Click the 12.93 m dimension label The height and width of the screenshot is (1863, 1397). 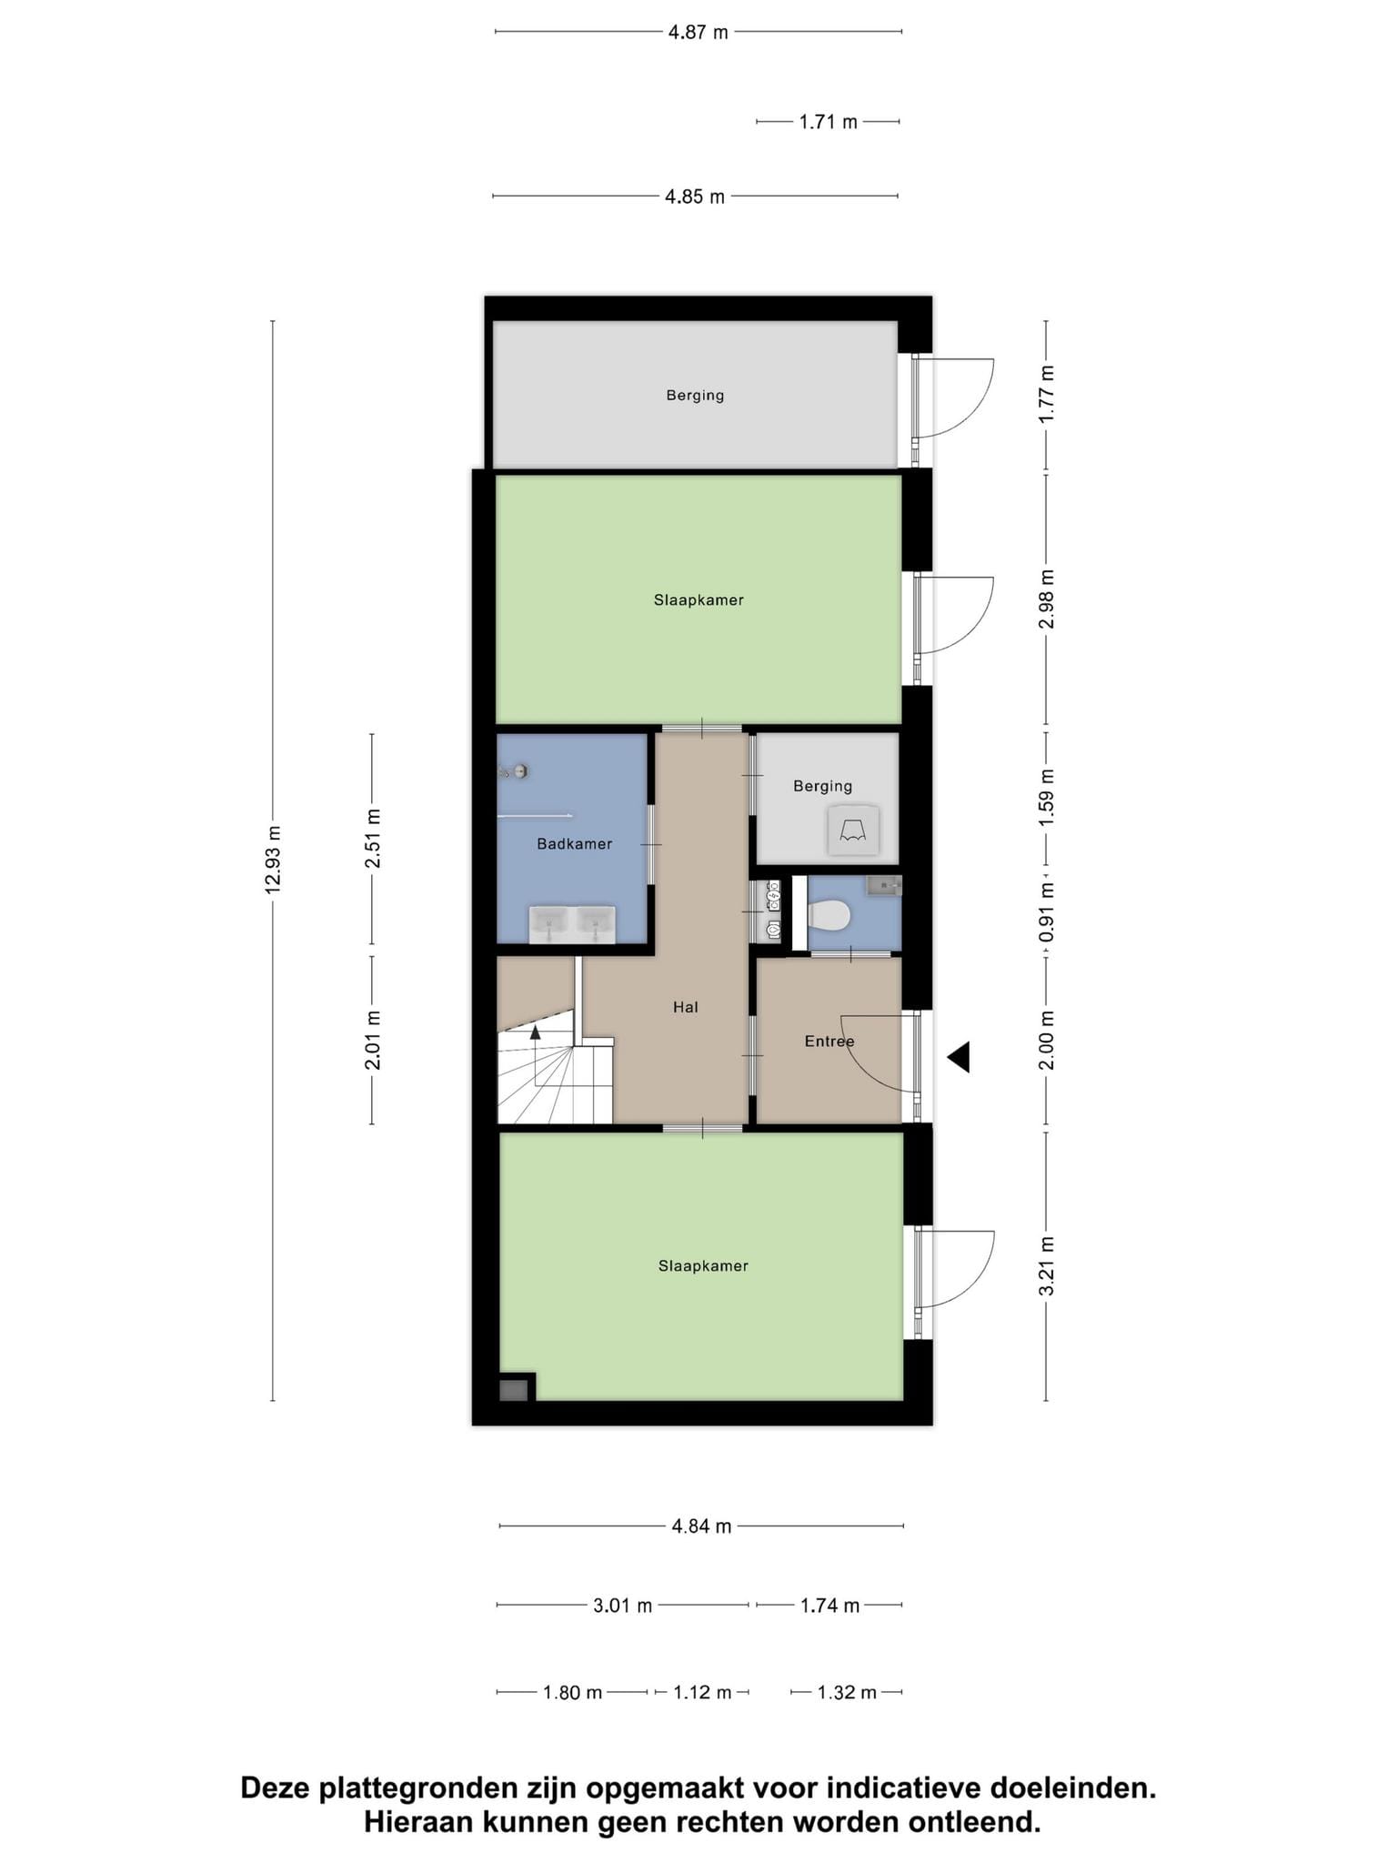coord(273,860)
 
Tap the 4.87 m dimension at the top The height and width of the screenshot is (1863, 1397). coord(698,33)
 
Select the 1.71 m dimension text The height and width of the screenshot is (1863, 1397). coord(828,122)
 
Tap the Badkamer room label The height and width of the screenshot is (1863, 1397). coord(574,844)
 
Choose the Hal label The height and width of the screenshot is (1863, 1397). coord(686,1007)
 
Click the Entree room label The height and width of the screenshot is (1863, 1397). coord(829,1042)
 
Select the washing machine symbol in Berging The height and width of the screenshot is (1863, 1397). coord(853,831)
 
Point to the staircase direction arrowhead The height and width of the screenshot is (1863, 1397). coord(535,1032)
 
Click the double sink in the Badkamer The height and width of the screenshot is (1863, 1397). coord(572,925)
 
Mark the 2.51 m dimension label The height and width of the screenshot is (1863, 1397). coord(372,839)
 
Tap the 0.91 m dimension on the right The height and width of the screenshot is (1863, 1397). coord(1047,912)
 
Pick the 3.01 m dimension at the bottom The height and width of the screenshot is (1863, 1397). coord(623,1606)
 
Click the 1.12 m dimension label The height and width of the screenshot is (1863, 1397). coord(702,1693)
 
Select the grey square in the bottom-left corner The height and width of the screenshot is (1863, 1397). coord(514,1390)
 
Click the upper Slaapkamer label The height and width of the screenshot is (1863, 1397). coord(698,600)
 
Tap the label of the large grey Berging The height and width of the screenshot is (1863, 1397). coord(695,396)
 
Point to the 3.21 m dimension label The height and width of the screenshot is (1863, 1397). coord(1047,1266)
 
